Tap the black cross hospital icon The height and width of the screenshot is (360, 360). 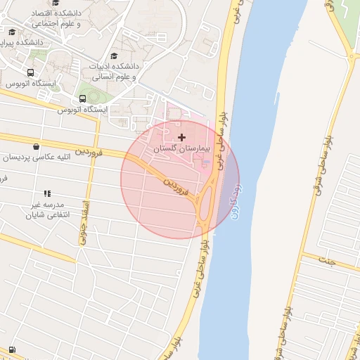point(183,137)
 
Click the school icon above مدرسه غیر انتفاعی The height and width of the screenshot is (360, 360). point(47,193)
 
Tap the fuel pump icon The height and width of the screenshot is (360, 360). point(13,349)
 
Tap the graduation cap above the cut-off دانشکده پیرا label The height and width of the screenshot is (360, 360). point(12,32)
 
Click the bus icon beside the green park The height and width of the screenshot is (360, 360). point(83,98)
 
